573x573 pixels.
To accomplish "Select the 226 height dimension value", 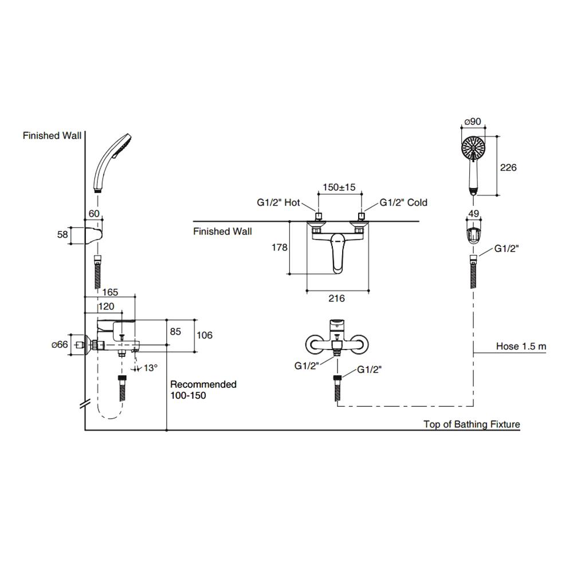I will [508, 167].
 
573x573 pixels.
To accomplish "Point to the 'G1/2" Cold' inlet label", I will [403, 202].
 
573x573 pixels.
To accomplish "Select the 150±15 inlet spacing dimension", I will [339, 187].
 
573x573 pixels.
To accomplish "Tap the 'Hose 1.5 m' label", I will [521, 347].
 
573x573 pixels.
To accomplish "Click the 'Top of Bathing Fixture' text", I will [472, 424].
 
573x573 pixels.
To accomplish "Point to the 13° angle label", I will [150, 368].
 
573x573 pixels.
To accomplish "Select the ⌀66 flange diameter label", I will [60, 344].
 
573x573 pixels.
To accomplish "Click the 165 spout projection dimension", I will [110, 292].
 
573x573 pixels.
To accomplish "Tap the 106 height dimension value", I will [204, 335].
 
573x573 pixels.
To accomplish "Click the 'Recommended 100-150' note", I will [203, 390].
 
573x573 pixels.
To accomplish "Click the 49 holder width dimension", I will [473, 214].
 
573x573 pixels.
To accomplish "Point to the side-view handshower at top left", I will [111, 162].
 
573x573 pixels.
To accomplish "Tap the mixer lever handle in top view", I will [337, 251].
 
